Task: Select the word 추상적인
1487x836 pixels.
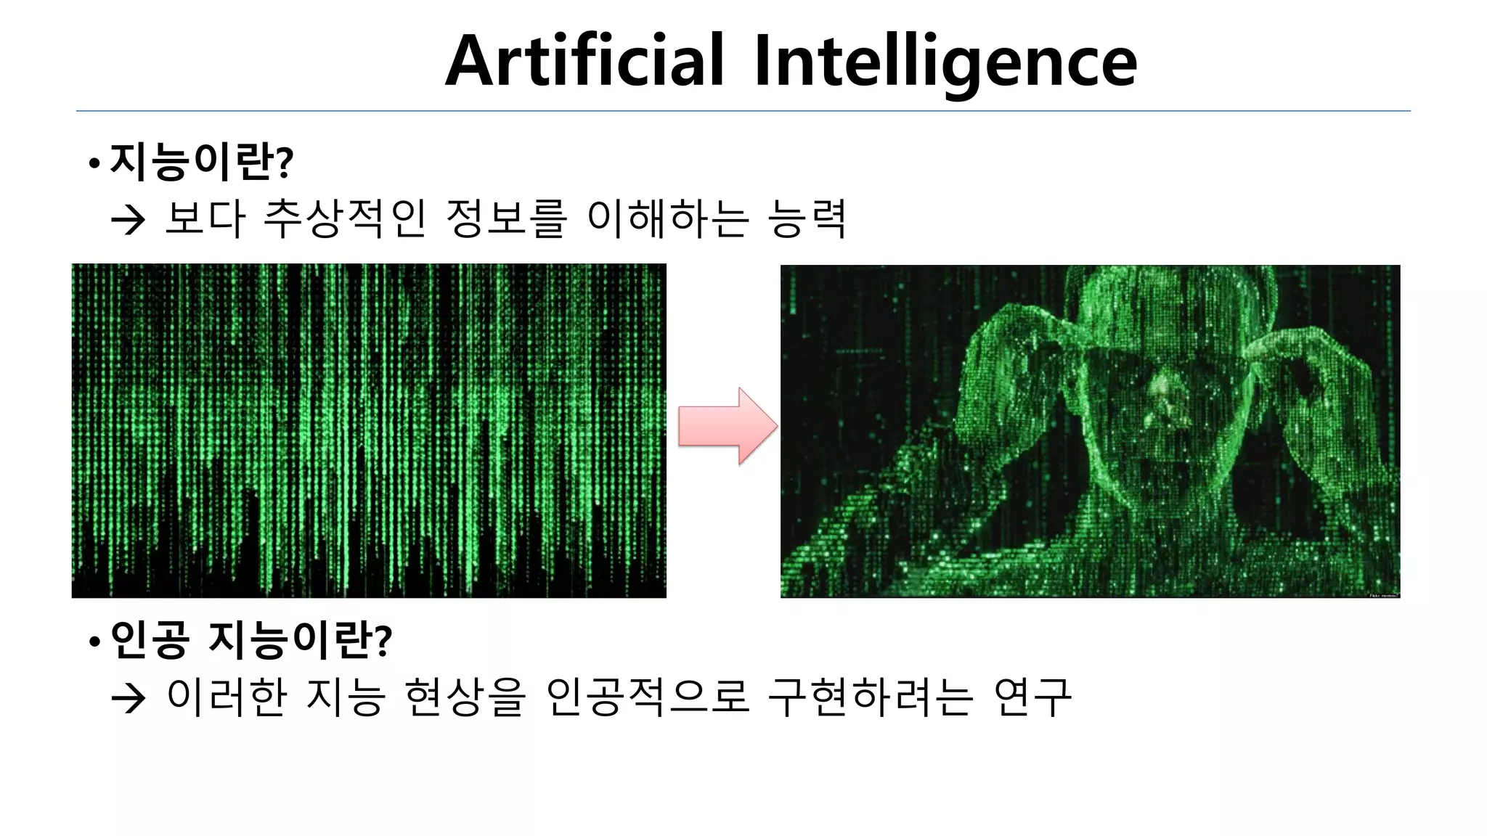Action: click(344, 218)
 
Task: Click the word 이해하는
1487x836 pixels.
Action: click(667, 218)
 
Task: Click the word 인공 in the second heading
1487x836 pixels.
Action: click(150, 639)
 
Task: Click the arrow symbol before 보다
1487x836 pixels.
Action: click(129, 221)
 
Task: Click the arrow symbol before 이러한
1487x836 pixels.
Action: click(129, 699)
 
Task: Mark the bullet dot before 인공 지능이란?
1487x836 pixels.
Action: click(94, 642)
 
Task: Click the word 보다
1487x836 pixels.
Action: click(205, 218)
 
